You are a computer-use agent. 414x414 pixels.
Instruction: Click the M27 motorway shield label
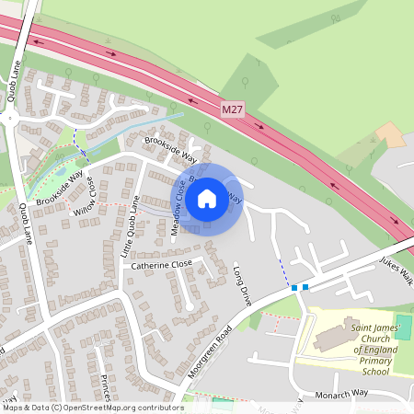234,109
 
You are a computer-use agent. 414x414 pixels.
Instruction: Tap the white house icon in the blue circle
207,198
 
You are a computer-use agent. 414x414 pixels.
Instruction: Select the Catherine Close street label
161,264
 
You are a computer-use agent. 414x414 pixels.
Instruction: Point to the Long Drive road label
241,285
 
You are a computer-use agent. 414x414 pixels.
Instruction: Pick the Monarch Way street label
340,393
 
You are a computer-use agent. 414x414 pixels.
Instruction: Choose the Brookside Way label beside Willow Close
60,187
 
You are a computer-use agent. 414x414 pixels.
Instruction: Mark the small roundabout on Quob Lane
11,118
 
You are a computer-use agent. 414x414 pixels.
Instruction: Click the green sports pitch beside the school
403,326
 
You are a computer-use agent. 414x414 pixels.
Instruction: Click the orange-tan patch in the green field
389,134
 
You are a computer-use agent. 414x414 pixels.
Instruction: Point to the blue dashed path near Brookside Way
75,134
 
